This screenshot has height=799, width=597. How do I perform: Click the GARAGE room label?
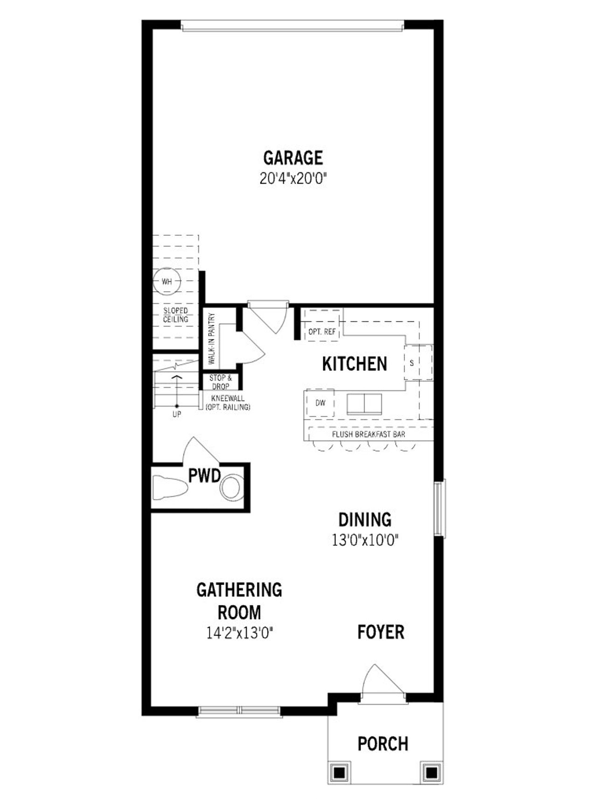(x=293, y=158)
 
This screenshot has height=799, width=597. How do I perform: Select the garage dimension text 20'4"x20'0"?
(x=293, y=178)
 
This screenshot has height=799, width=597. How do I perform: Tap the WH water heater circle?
(x=167, y=281)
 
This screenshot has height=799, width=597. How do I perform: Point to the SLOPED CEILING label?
(x=176, y=315)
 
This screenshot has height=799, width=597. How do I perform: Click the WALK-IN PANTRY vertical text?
(x=212, y=339)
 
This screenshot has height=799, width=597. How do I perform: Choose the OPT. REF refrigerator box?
(x=322, y=331)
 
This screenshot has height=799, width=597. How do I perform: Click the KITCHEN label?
(x=354, y=364)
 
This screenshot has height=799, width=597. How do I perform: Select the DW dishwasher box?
(x=320, y=403)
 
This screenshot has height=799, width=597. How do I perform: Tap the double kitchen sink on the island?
(x=364, y=403)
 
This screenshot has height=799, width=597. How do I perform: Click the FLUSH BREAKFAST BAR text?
(x=368, y=435)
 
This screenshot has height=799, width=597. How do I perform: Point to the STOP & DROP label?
(x=221, y=382)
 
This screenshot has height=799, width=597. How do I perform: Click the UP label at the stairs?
(x=177, y=414)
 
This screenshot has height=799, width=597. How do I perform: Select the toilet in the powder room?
(x=170, y=487)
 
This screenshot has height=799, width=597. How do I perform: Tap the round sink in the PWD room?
(x=231, y=487)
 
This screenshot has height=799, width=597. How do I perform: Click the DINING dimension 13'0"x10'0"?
(x=365, y=540)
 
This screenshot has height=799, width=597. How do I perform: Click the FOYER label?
(x=381, y=632)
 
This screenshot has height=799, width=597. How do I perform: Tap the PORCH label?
(x=382, y=744)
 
